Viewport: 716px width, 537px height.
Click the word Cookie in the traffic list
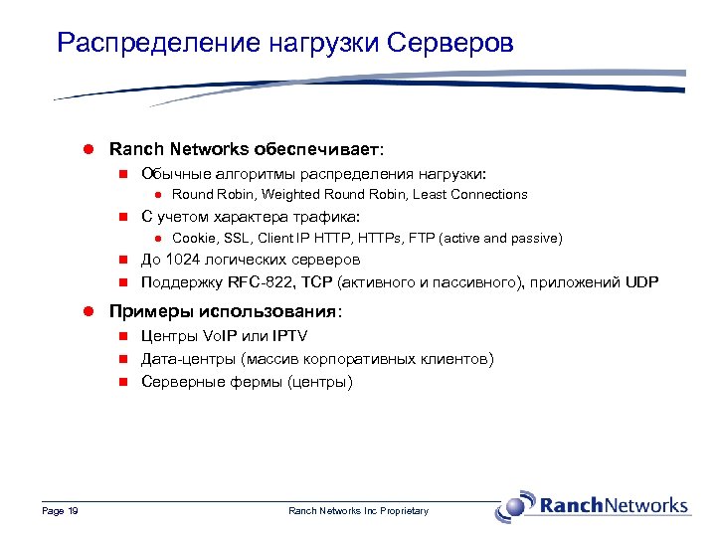192,239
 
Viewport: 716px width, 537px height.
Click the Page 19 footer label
61,511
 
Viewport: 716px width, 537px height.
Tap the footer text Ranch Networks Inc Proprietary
358,511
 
